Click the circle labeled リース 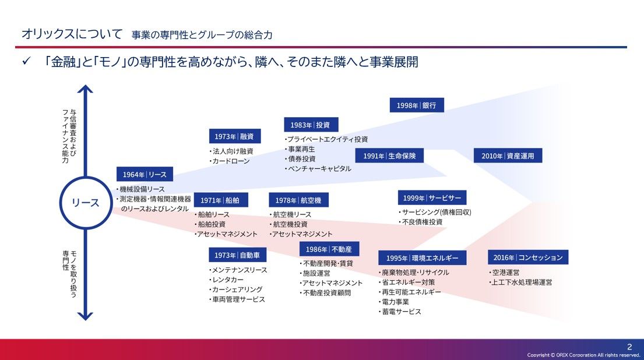click(86, 202)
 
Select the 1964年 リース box click(145, 174)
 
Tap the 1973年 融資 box click(235, 136)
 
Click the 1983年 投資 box click(311, 124)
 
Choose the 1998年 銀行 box click(416, 105)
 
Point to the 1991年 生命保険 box click(389, 156)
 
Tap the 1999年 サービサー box click(432, 197)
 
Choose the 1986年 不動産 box click(329, 249)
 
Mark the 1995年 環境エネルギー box click(422, 258)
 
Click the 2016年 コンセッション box click(527, 257)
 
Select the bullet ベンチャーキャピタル click(319, 168)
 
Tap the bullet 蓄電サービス click(400, 312)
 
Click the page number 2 click(629, 347)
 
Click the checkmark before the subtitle click(26, 62)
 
